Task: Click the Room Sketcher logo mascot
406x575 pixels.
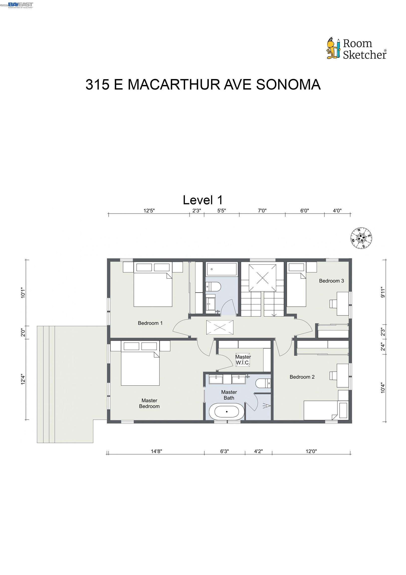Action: point(333,49)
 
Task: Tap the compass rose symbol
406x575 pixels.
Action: point(361,238)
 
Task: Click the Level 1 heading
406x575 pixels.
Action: point(203,200)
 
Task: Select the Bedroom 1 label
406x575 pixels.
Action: point(150,323)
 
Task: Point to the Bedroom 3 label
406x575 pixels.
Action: point(331,281)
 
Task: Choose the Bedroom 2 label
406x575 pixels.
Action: point(302,377)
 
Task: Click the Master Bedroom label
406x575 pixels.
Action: point(149,403)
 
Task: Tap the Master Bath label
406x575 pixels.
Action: point(229,395)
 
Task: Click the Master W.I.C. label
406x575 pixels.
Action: point(243,359)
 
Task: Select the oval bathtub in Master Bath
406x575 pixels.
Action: point(226,412)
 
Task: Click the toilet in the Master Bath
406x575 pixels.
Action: point(263,383)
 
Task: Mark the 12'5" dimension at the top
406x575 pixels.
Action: point(149,211)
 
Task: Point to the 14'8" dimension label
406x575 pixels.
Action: point(156,451)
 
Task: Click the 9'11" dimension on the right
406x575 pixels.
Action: point(383,292)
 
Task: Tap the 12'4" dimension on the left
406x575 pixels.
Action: point(23,379)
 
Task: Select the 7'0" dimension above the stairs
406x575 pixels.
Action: point(262,211)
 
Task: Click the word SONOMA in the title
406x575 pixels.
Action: point(288,84)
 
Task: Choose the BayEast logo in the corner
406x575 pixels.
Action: point(20,5)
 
